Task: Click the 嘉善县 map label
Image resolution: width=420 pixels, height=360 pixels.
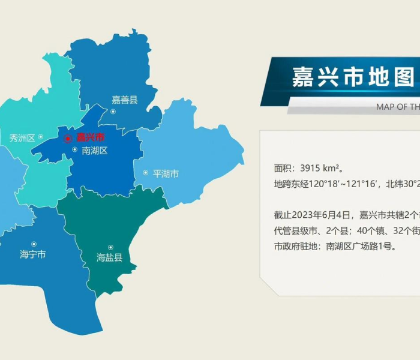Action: (125, 100)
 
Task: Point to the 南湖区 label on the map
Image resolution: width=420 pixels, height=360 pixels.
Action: (94, 151)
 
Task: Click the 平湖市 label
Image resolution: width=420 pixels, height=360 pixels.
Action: (166, 174)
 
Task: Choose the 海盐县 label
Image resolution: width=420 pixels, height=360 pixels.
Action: (109, 258)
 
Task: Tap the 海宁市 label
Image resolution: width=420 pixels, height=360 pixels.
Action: (32, 254)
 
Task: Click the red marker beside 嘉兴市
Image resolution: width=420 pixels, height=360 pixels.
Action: (68, 138)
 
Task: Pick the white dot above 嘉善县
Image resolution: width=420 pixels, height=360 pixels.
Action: (112, 111)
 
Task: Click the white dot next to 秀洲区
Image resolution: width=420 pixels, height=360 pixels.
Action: (41, 137)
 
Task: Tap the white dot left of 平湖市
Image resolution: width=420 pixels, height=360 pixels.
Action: (145, 173)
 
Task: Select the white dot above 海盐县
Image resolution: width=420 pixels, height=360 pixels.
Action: (110, 247)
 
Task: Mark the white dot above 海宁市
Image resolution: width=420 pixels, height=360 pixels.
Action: (34, 244)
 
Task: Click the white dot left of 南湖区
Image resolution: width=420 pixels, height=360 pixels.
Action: (74, 150)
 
